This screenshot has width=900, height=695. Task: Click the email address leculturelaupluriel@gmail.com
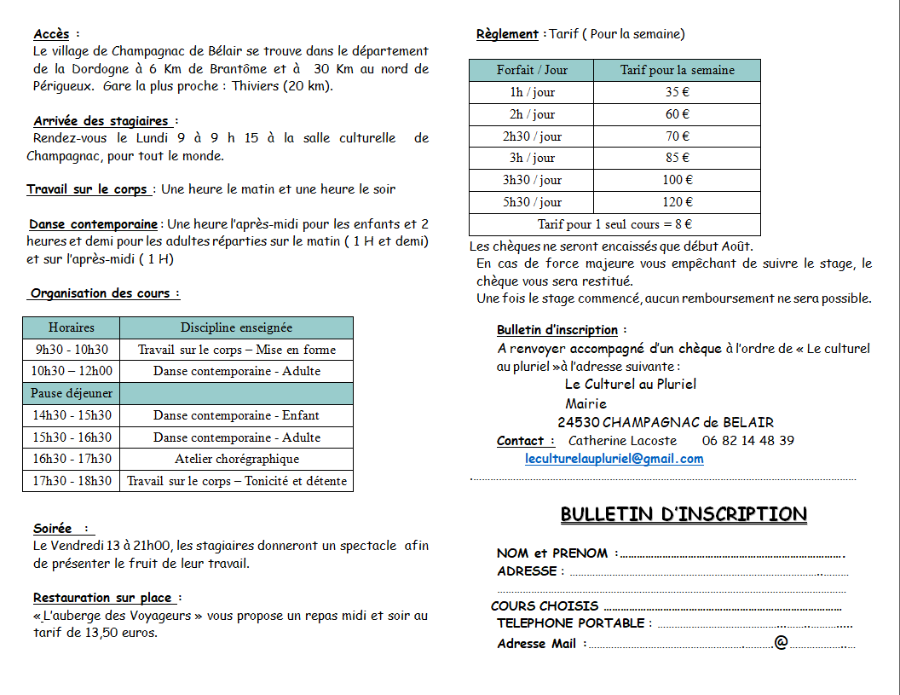(x=614, y=459)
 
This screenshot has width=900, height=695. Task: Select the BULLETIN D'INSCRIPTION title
(x=684, y=514)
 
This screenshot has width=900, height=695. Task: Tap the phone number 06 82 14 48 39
(x=748, y=441)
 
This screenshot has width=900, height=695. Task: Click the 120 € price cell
(x=678, y=202)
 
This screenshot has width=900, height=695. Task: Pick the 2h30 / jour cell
(x=532, y=136)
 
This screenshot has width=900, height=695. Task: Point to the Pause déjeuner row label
(x=72, y=393)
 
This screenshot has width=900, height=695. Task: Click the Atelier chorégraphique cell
(x=237, y=459)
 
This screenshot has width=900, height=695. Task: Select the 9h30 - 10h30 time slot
(x=72, y=350)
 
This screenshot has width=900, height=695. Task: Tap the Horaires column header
(x=72, y=327)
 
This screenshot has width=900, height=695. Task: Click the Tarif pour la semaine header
(x=678, y=70)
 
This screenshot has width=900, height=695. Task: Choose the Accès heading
(x=51, y=35)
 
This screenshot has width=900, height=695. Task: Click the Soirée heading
(x=53, y=529)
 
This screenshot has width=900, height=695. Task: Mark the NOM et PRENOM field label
(x=552, y=553)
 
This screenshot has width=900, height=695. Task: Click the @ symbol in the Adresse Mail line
(x=780, y=642)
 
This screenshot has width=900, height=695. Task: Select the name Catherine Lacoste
(x=622, y=441)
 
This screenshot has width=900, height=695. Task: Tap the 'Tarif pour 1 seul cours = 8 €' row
(x=614, y=224)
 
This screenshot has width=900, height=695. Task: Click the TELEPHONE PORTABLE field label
(x=571, y=623)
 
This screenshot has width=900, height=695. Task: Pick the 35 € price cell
(x=678, y=92)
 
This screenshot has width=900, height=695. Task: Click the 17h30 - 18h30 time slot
(x=72, y=481)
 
